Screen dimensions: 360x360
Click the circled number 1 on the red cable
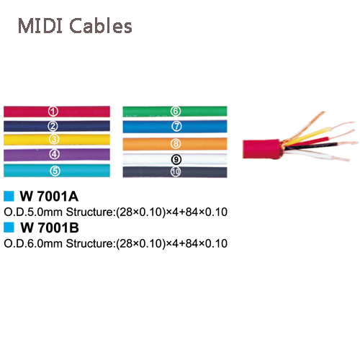(53, 112)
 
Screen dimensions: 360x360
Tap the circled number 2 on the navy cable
(53, 126)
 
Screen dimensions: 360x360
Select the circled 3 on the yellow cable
(54, 139)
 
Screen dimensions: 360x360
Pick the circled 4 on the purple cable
(55, 154)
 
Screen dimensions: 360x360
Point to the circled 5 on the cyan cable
(55, 171)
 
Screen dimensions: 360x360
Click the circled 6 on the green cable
(176, 111)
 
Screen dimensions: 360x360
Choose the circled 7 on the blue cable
(176, 126)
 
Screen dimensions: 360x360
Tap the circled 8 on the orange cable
(176, 144)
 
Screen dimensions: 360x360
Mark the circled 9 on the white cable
(176, 159)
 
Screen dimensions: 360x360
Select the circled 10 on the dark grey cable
(176, 172)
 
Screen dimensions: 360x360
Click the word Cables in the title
(101, 25)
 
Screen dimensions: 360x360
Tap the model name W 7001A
(49, 197)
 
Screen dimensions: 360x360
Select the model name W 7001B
(50, 228)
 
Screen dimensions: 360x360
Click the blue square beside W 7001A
(9, 196)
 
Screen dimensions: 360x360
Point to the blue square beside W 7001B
(9, 228)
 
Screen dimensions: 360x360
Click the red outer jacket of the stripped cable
(261, 149)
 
